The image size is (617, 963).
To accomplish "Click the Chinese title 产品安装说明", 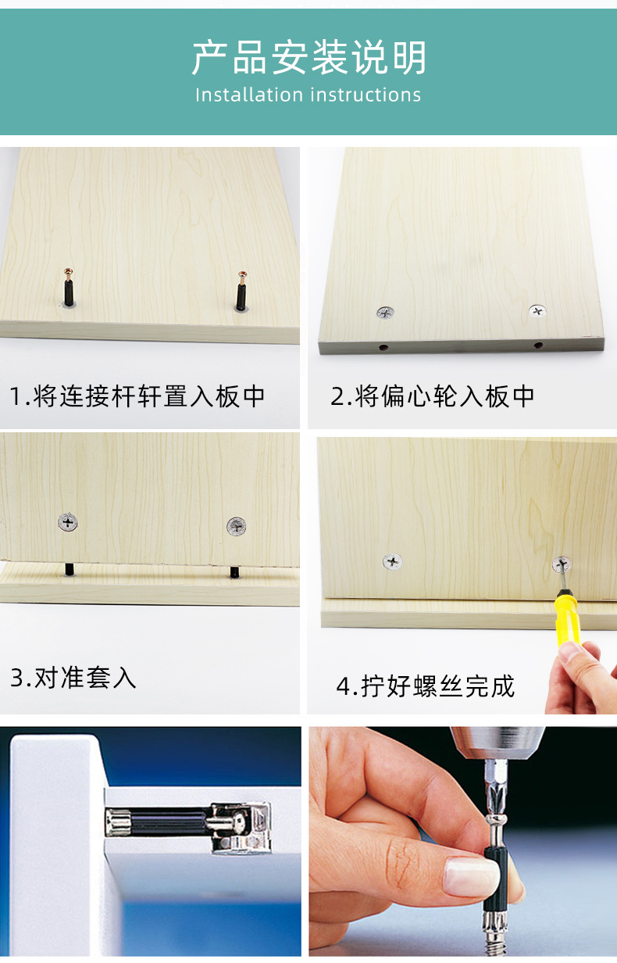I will [x=308, y=58].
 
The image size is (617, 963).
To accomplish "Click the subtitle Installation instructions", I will [x=308, y=95].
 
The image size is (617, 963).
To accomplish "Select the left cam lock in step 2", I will [x=386, y=313].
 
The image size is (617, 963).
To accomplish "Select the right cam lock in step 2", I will [x=537, y=311].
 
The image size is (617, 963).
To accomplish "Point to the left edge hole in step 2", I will [x=384, y=346].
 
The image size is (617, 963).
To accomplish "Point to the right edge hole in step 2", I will [x=538, y=345].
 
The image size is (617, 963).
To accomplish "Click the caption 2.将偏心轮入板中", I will [x=433, y=396].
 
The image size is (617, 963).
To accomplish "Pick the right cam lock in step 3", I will [x=236, y=526].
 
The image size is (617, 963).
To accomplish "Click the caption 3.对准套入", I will [x=73, y=677].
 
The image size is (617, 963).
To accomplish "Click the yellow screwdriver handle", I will [x=566, y=618].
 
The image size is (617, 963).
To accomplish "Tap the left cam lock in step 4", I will [x=393, y=560].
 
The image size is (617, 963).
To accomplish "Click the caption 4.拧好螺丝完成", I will [x=426, y=686].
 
